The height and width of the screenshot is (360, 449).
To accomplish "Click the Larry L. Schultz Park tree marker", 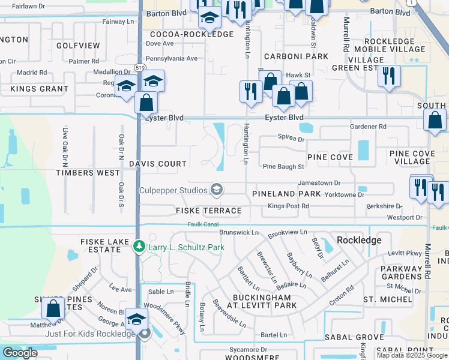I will [x=139, y=247].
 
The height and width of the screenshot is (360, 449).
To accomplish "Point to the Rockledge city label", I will [x=359, y=239].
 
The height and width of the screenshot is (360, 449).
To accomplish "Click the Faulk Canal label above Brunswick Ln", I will [x=203, y=224].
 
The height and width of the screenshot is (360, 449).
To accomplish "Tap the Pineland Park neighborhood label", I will [x=286, y=194].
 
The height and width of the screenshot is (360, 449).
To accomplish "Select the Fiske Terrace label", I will [x=208, y=211].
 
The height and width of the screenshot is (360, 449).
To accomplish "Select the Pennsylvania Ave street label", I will [x=172, y=59].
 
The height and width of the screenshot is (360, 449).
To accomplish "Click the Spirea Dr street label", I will [x=292, y=139].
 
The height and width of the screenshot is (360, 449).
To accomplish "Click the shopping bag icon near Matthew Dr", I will [x=53, y=308].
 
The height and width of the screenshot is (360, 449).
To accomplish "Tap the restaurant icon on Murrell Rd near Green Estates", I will [x=389, y=76].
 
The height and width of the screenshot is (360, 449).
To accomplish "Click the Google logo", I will [x=20, y=353].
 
